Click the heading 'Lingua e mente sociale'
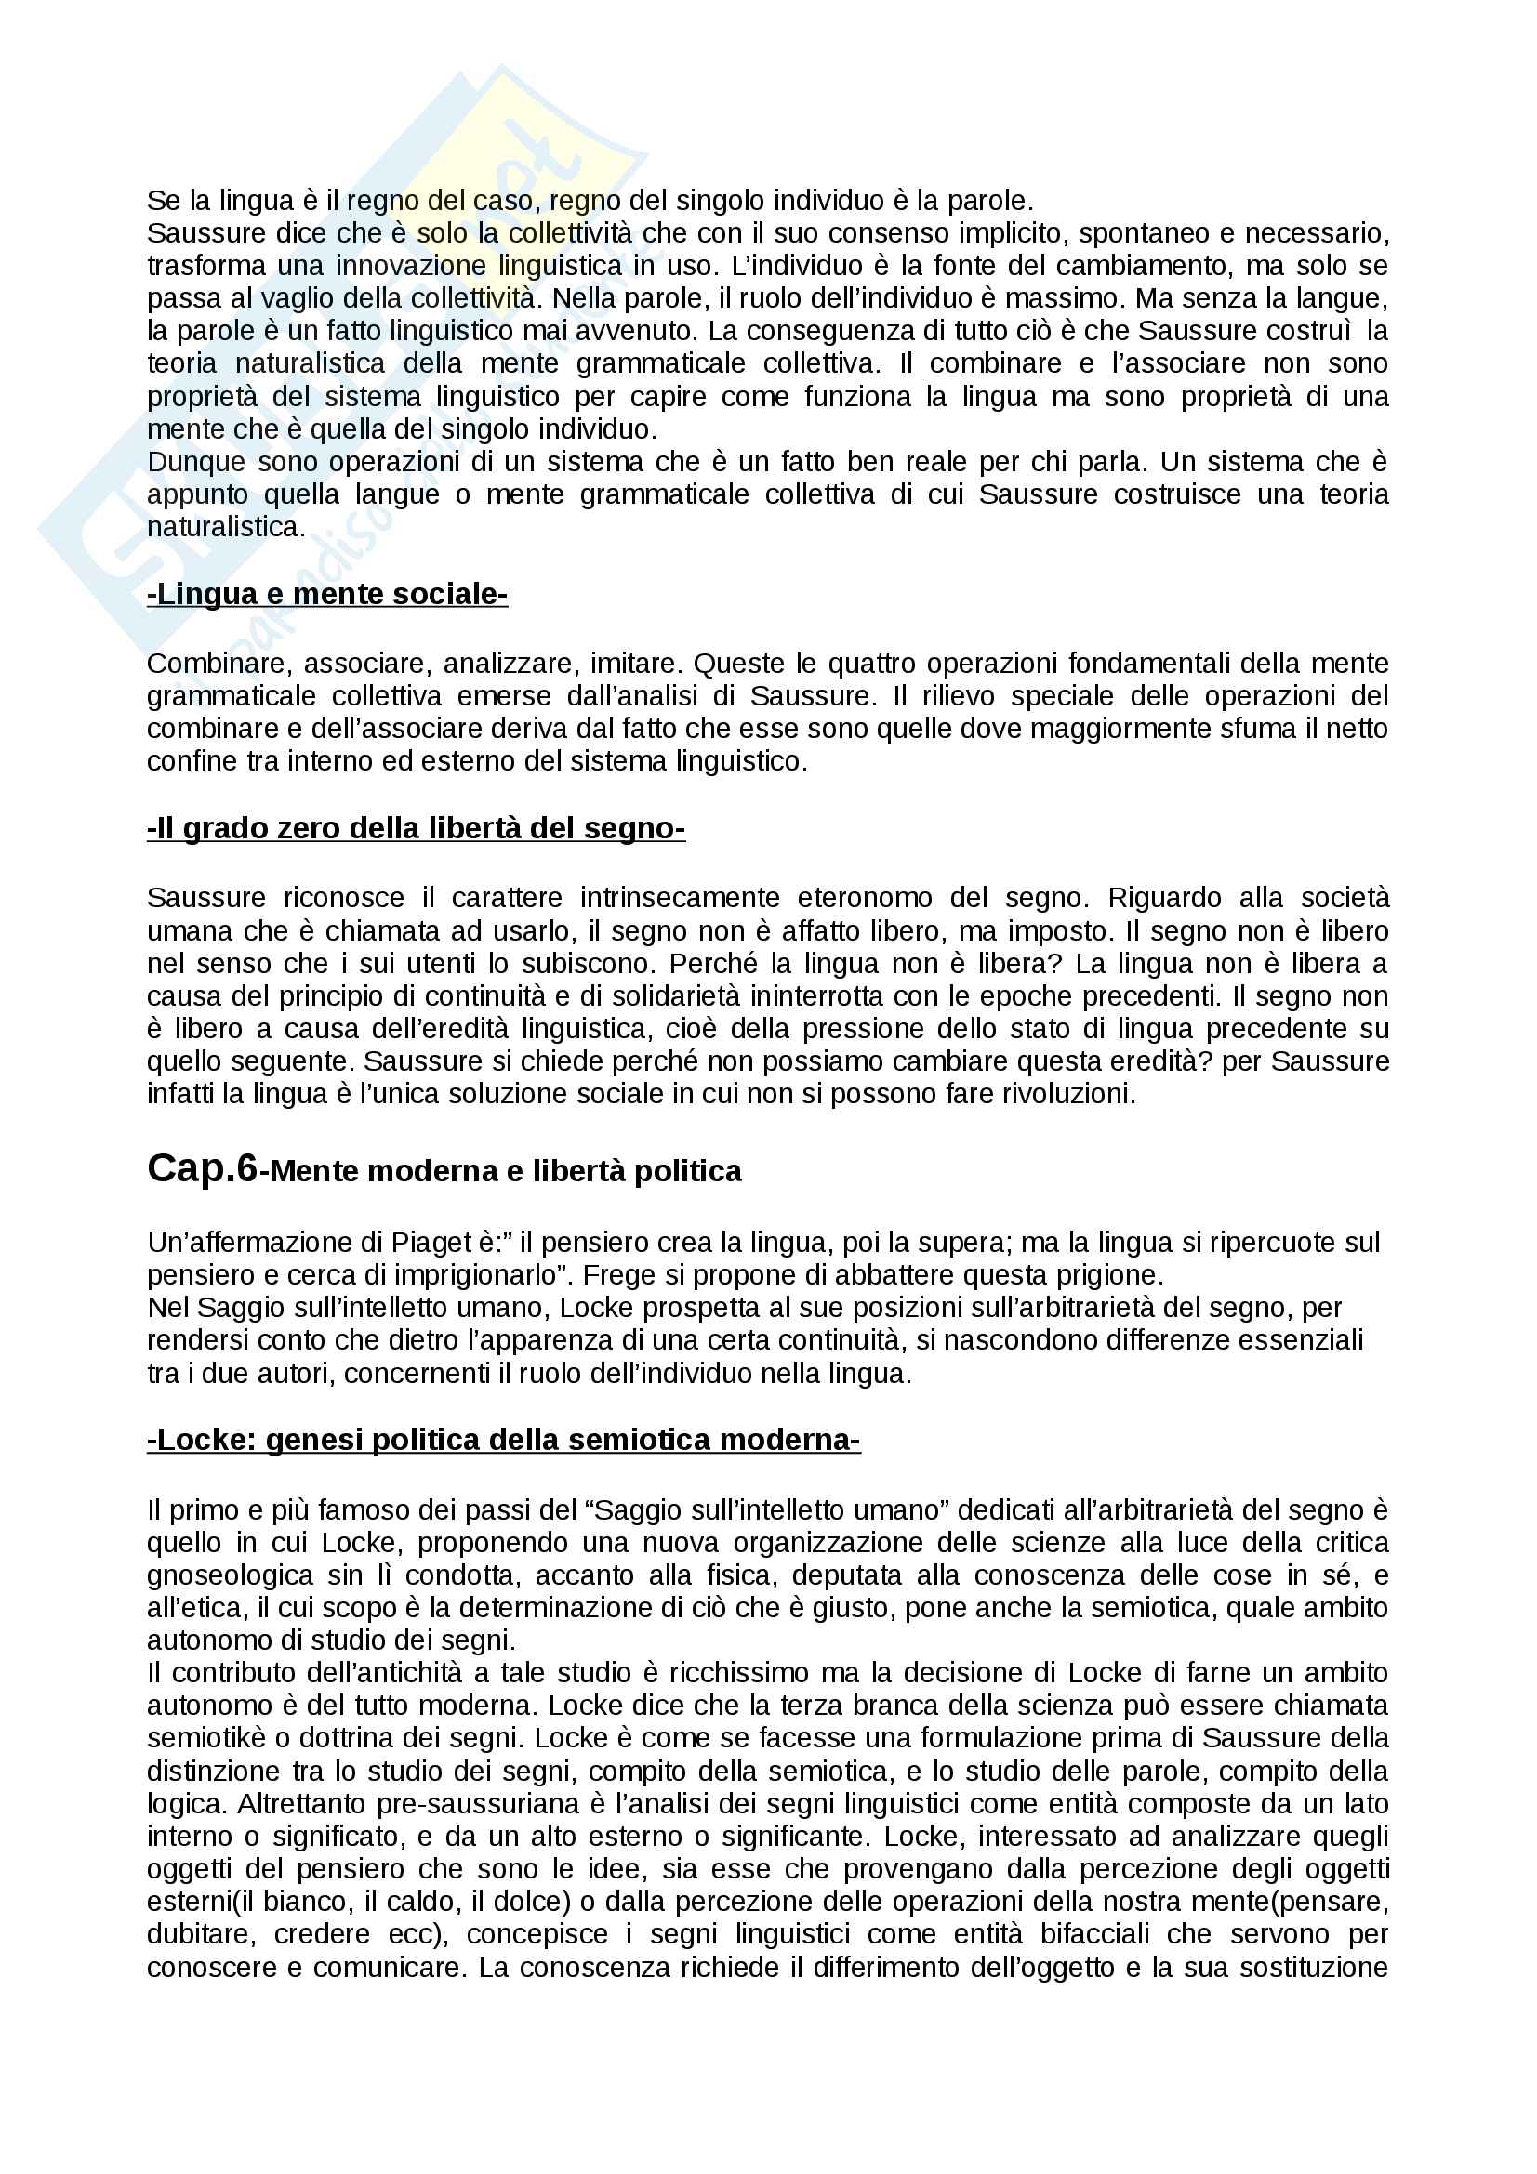326,594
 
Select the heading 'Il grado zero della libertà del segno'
416,828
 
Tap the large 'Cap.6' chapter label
202,1168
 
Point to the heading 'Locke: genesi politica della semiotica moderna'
503,1440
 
